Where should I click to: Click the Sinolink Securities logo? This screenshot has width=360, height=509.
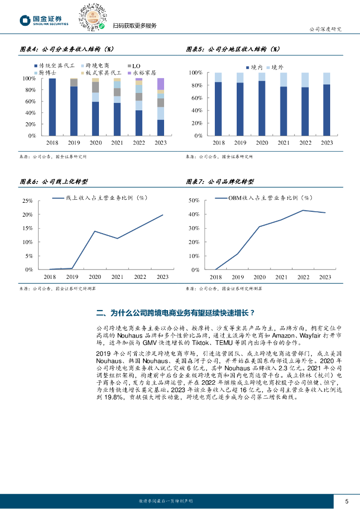(x=44, y=20)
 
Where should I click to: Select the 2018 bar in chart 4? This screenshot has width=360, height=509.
(x=52, y=107)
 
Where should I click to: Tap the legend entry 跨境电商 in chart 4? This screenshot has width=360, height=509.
(x=97, y=66)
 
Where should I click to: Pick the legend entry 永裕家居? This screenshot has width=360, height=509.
(x=145, y=73)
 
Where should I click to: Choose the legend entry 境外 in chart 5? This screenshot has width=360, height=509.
(x=276, y=67)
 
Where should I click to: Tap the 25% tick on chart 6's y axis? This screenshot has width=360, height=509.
(x=27, y=201)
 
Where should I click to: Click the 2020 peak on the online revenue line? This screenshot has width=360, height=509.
(x=94, y=231)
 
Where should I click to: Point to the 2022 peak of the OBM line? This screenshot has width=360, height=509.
(x=303, y=210)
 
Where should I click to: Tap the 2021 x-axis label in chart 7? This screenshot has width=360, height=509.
(x=281, y=277)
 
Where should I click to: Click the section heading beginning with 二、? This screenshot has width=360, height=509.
(x=176, y=313)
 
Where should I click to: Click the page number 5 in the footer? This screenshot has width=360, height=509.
(x=347, y=501)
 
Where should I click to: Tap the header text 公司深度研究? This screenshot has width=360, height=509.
(x=325, y=29)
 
